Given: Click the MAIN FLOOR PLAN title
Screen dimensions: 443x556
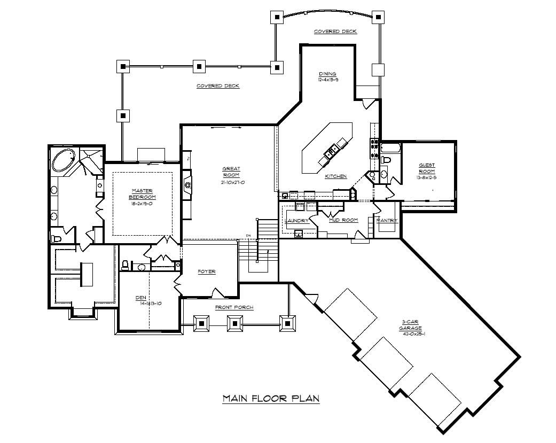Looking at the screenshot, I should (x=271, y=398).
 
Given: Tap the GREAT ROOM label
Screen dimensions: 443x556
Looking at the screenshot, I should (x=231, y=172).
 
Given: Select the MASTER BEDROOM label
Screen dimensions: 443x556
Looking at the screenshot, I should (x=143, y=193).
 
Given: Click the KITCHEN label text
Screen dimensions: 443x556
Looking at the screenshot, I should (x=336, y=176).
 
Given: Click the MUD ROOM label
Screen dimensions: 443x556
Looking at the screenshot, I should (x=343, y=220).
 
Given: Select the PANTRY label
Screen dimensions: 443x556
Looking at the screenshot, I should (x=387, y=220).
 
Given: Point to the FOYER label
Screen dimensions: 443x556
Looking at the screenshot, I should (x=207, y=271).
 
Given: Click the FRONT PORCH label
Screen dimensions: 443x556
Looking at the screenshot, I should (x=234, y=307).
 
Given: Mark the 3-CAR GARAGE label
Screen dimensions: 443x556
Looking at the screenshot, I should (x=412, y=325).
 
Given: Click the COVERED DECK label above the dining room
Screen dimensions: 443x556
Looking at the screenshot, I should (x=335, y=32).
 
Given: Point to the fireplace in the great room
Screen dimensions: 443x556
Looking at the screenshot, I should (x=186, y=184).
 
